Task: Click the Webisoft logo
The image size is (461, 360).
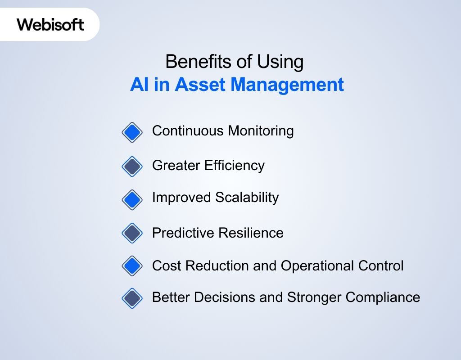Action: [x=50, y=24]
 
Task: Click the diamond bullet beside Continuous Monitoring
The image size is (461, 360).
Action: [x=132, y=132]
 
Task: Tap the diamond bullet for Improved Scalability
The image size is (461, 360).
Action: [x=132, y=199]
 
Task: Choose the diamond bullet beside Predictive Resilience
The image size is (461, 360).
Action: [x=132, y=233]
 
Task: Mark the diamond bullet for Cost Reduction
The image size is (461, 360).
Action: [x=132, y=266]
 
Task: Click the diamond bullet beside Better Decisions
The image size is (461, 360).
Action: [x=132, y=298]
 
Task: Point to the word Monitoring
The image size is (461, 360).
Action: [x=261, y=131]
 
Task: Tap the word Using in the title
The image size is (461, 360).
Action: [x=281, y=62]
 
